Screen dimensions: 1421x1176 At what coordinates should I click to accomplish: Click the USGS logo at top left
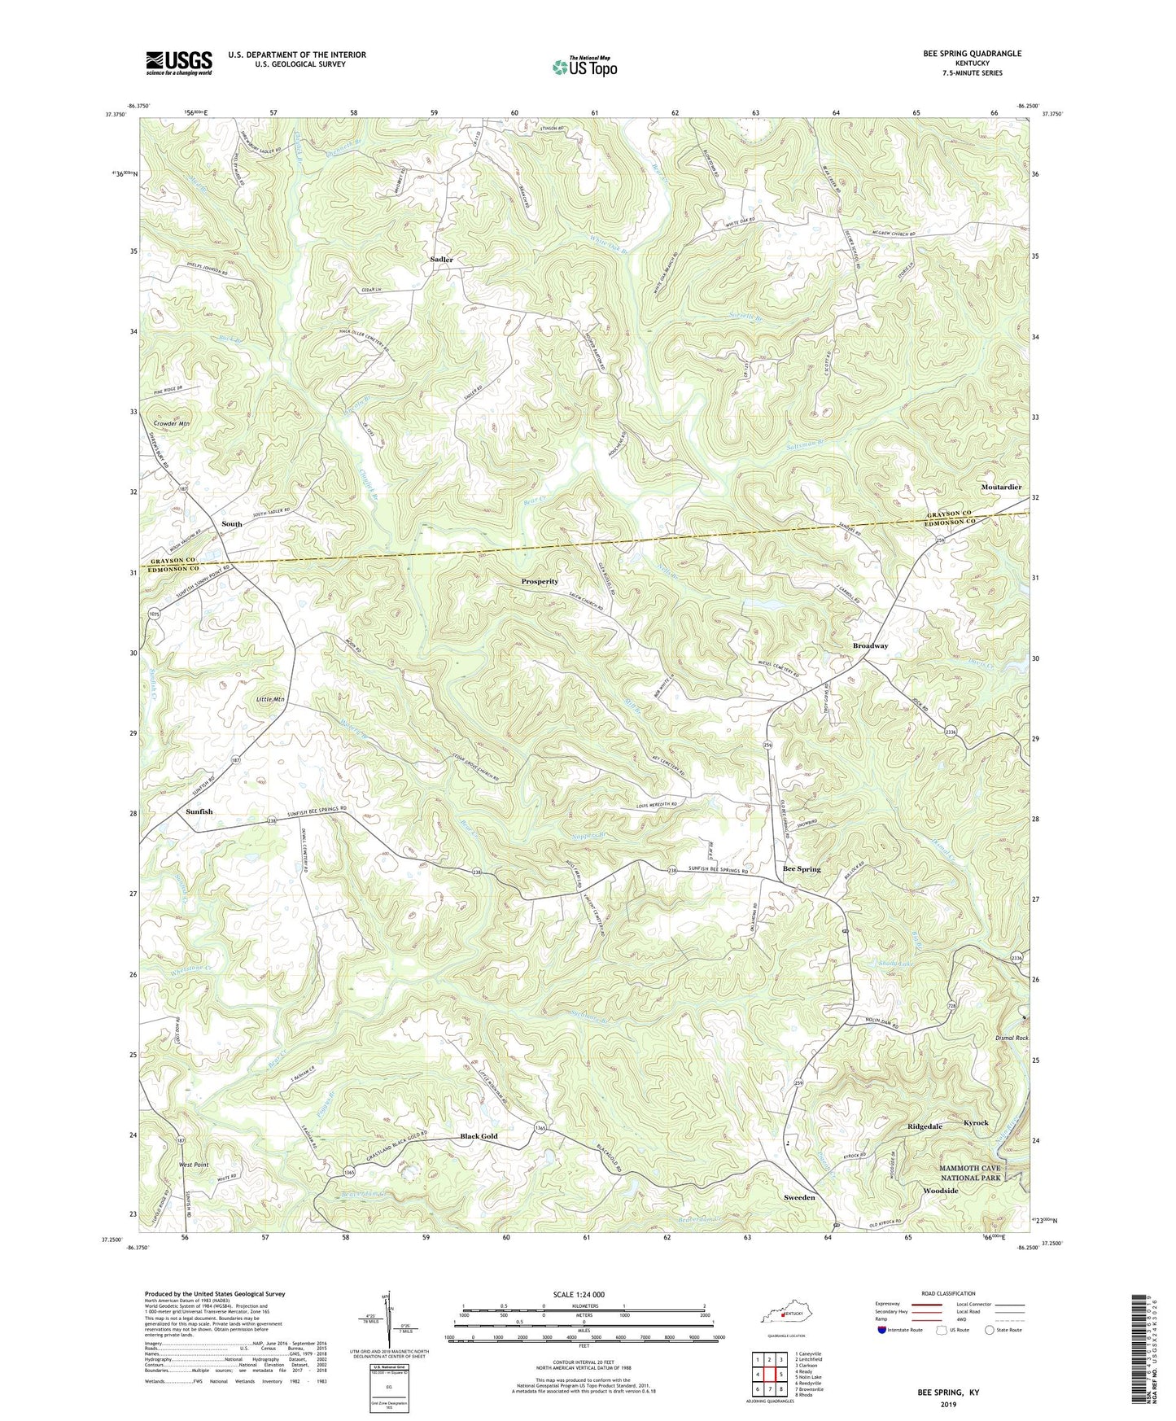click(179, 63)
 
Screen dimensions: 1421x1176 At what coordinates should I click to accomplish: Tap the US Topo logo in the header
click(584, 66)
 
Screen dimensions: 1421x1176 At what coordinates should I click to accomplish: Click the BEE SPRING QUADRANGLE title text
click(972, 54)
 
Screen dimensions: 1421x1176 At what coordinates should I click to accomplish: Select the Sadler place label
click(441, 260)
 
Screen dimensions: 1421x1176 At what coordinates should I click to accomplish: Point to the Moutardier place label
click(1001, 488)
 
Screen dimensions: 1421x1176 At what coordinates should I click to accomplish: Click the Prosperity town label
click(540, 582)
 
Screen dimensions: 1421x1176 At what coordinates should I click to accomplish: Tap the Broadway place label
click(870, 645)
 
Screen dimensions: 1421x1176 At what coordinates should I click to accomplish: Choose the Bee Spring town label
click(802, 869)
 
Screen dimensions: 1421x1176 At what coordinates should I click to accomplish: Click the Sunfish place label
click(199, 811)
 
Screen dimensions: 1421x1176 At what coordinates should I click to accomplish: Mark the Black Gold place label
click(479, 1136)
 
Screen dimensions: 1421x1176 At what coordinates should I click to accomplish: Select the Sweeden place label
click(799, 1198)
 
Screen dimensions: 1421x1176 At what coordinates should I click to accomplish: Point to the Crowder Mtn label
click(171, 424)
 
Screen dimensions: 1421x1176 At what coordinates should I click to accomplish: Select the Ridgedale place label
click(925, 1126)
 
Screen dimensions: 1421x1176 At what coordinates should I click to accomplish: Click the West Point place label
click(193, 1165)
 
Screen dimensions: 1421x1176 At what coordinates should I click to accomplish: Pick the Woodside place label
click(940, 1191)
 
